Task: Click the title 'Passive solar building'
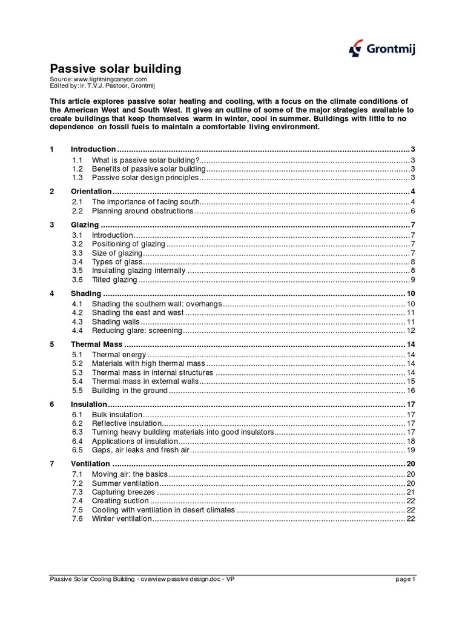[x=115, y=69]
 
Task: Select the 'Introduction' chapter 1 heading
[x=93, y=149]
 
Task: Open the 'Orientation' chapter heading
[x=91, y=192]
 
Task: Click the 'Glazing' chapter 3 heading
[x=85, y=225]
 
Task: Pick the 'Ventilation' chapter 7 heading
[x=91, y=464]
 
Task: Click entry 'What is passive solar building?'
[x=145, y=160]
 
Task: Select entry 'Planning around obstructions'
[x=142, y=211]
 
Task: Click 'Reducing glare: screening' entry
[x=136, y=331]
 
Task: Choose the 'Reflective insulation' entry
[x=127, y=423]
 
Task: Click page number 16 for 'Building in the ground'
[x=410, y=391]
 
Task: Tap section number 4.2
[x=77, y=312]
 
